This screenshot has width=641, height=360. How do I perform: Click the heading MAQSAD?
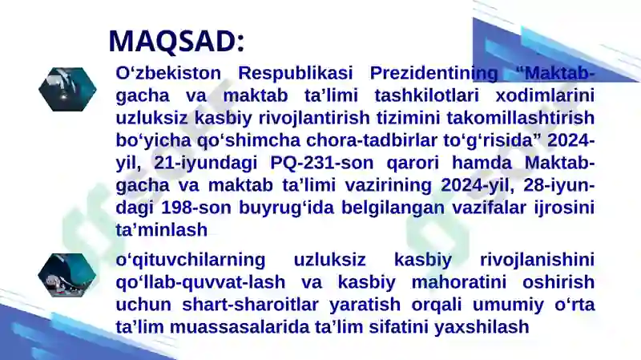[x=176, y=40]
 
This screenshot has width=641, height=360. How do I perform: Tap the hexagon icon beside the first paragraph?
[x=67, y=88]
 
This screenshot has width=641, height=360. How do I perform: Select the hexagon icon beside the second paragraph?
[x=67, y=275]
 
